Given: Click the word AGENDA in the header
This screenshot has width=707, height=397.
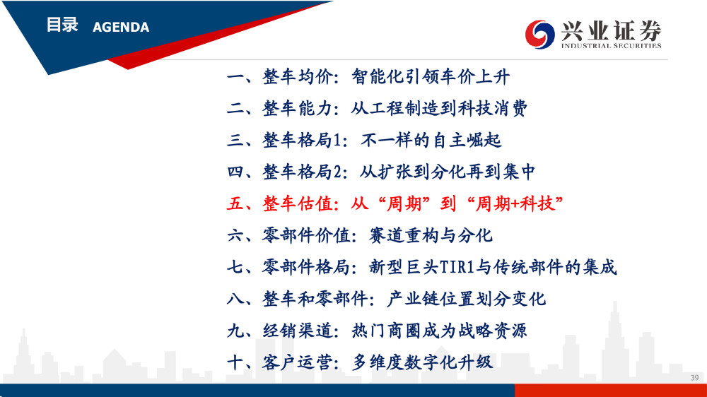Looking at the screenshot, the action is tap(121, 27).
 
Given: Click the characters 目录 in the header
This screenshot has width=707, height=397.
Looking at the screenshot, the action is tap(62, 25).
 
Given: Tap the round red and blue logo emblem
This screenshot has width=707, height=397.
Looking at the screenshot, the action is tap(539, 34).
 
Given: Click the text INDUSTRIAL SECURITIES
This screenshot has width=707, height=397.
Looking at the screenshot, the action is tap(611, 45).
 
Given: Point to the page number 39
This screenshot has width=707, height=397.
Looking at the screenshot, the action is tap(694, 378).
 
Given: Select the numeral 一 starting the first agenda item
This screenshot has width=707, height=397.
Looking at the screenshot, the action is tap(235, 77).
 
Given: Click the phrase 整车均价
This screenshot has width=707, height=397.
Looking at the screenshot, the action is tap(298, 77).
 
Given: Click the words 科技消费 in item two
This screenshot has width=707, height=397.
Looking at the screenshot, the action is tap(492, 109).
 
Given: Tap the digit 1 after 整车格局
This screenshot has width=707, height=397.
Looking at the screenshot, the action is tap(337, 141).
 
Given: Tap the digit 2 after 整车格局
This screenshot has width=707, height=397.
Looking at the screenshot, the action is tap(337, 172).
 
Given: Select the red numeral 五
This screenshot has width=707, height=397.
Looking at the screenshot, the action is tap(235, 203).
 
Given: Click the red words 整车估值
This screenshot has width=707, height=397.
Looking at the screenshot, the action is tap(298, 203).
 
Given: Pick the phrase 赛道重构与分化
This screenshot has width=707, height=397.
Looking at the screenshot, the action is tap(431, 236).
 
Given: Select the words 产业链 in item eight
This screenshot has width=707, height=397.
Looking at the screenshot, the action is tap(413, 299).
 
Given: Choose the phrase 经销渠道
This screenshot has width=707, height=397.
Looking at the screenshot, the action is tap(298, 331).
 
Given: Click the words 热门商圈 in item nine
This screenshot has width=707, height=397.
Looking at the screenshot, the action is tap(387, 331).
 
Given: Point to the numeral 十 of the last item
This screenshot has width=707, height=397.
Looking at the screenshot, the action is tap(235, 362).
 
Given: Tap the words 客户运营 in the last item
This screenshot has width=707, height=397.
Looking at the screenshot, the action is tap(298, 362).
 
